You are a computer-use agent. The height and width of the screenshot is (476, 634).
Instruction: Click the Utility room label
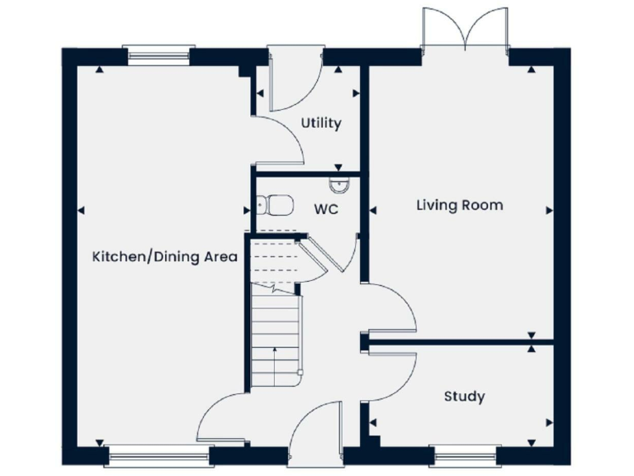coord(320,123)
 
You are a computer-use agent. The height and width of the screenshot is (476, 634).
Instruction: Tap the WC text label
coord(326,209)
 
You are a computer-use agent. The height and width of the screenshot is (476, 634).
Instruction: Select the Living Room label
coord(459,205)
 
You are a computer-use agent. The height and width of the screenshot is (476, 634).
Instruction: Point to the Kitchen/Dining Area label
coord(164,257)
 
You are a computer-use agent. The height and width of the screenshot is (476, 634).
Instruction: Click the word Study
coord(464,397)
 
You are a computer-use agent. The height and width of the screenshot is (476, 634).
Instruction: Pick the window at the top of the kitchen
coord(158,56)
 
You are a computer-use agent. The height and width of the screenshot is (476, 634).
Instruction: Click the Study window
coord(464,454)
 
